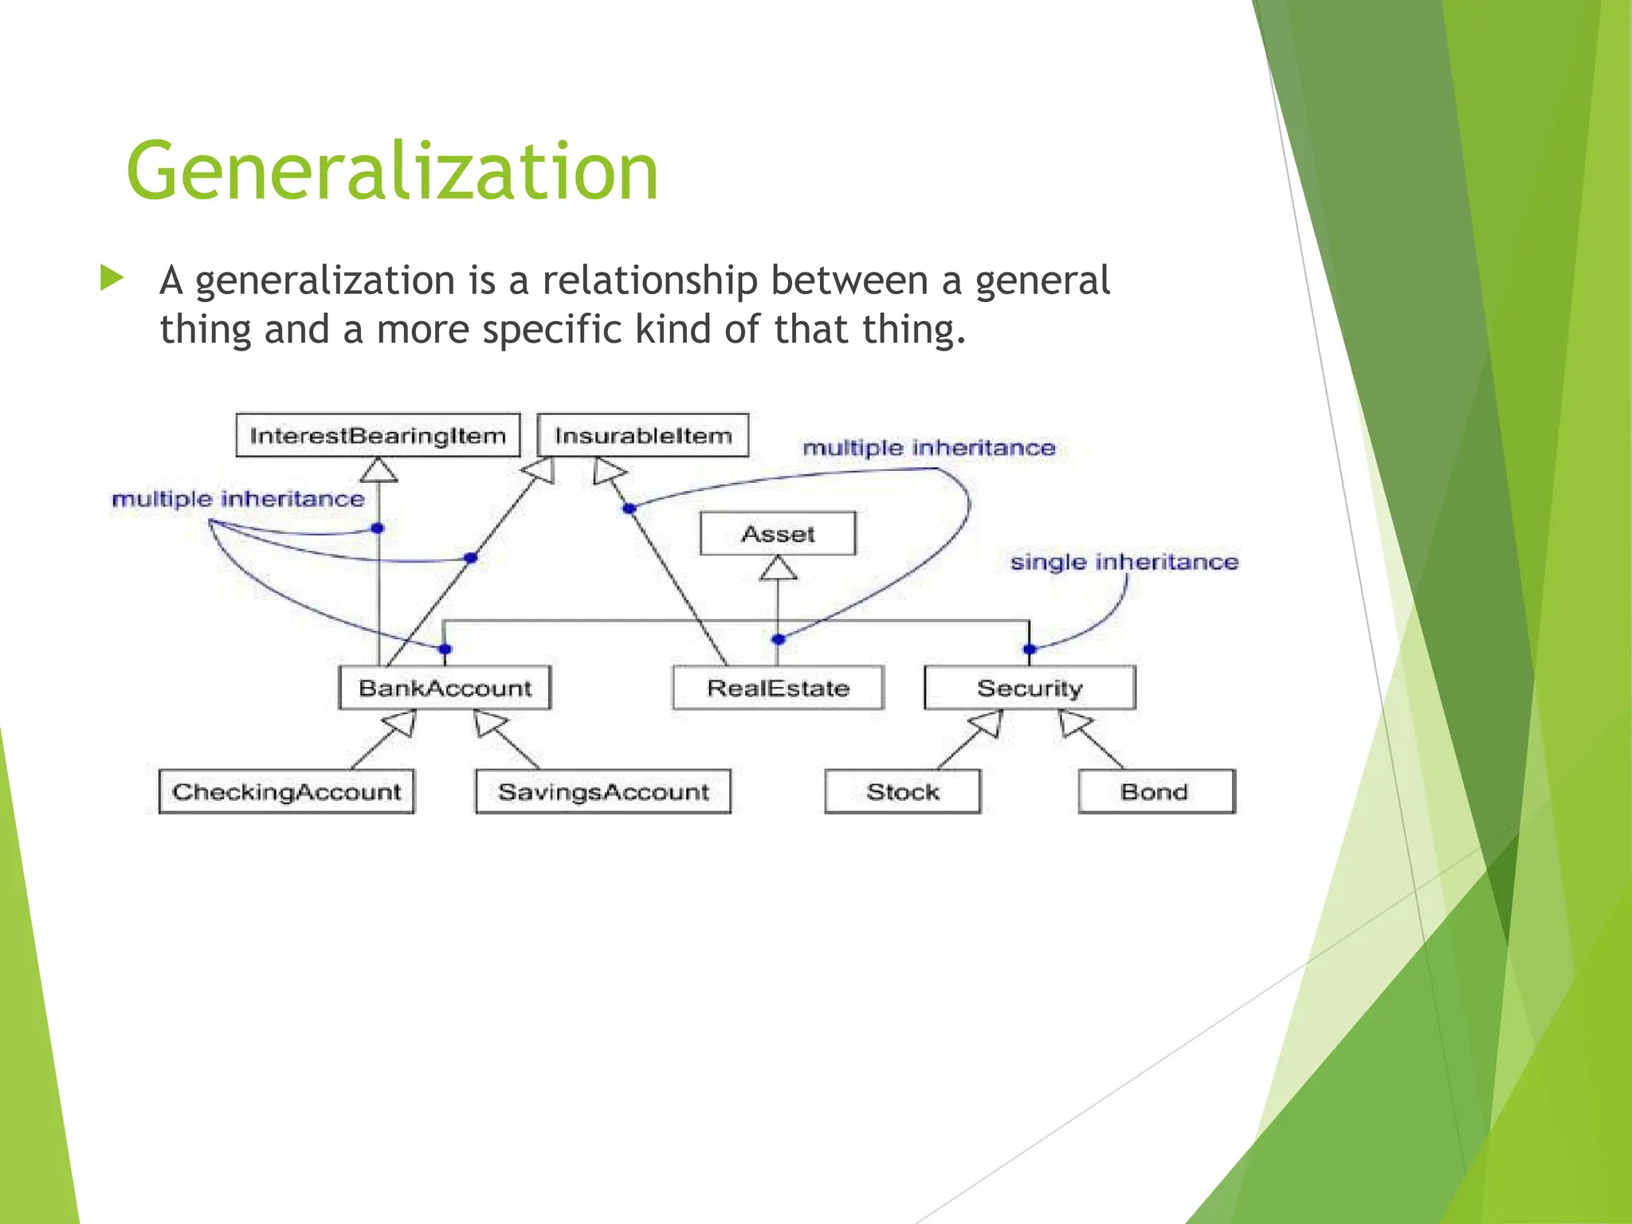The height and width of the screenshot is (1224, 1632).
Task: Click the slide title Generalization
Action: tap(392, 171)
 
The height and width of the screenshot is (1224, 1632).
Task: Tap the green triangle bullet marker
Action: tap(112, 278)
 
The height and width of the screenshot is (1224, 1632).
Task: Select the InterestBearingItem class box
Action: tap(378, 435)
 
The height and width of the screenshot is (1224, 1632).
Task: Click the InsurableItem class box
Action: tap(642, 435)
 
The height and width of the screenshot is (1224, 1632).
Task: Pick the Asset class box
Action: tap(778, 533)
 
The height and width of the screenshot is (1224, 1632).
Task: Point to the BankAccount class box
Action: tap(445, 688)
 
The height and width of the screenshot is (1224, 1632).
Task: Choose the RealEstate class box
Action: tap(778, 688)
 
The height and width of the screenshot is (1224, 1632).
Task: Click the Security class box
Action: tap(1030, 688)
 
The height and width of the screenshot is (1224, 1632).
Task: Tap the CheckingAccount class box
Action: tap(286, 791)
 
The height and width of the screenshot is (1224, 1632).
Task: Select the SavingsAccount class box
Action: tap(603, 791)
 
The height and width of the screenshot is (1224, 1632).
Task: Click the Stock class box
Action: tap(903, 791)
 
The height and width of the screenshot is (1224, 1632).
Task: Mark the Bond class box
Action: tap(1155, 791)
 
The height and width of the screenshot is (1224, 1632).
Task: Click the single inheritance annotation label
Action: tap(1124, 562)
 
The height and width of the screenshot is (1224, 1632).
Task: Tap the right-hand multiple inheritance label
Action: tap(928, 448)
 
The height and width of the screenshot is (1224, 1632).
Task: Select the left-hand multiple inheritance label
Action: tap(237, 499)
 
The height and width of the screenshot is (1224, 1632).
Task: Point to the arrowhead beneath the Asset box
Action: tap(778, 568)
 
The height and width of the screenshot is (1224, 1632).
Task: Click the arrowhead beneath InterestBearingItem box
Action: tap(379, 470)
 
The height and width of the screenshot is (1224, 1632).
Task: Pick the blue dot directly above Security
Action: tap(1030, 649)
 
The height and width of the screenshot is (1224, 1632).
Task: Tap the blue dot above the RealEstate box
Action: tap(779, 639)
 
